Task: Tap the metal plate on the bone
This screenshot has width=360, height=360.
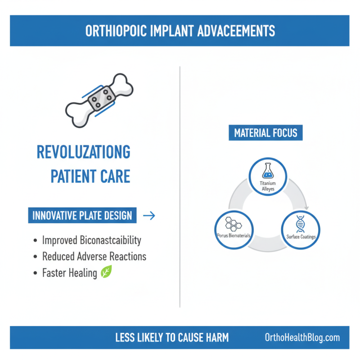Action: (x=101, y=98)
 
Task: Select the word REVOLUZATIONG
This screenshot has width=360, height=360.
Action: (x=83, y=153)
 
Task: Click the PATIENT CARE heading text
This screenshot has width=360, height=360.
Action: (x=90, y=176)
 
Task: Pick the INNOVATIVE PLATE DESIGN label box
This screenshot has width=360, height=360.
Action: (x=82, y=216)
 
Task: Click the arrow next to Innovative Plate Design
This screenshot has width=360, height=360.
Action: (x=148, y=216)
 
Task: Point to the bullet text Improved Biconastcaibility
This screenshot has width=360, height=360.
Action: (x=91, y=240)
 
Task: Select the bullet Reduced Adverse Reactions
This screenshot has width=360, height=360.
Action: (x=94, y=256)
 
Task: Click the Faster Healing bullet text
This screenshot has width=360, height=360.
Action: (x=70, y=273)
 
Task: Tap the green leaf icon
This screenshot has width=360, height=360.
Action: (x=106, y=272)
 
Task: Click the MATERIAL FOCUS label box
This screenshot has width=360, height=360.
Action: (x=265, y=133)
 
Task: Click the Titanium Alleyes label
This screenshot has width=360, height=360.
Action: (x=268, y=186)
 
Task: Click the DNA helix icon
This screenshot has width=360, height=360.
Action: (x=300, y=223)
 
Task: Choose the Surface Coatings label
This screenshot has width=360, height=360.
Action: (x=300, y=236)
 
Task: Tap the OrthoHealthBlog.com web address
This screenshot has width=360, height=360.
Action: (x=302, y=337)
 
